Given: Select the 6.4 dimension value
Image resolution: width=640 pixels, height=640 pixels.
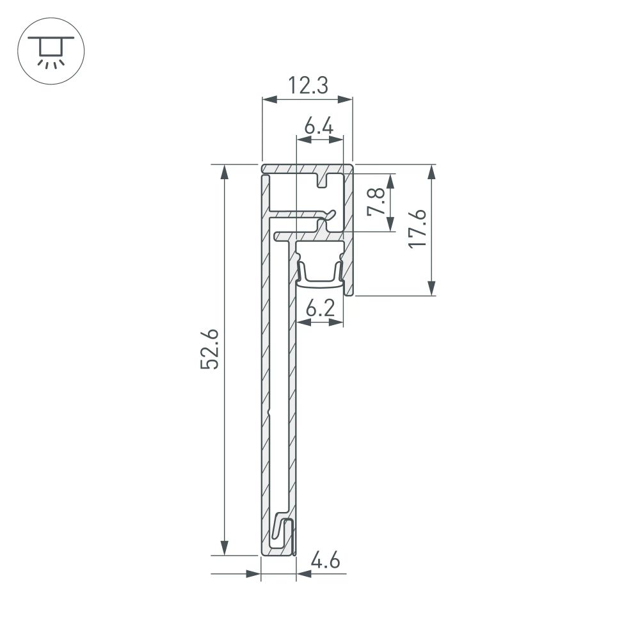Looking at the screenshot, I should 319,127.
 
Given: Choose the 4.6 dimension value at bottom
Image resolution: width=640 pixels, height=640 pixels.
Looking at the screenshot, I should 324,562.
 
